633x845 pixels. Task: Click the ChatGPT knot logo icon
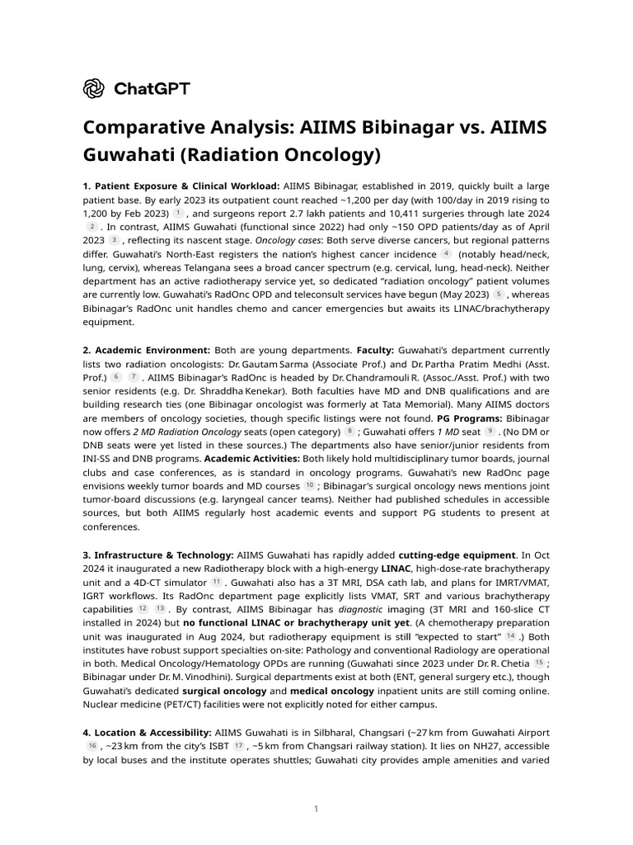tap(94, 88)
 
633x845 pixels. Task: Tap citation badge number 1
tap(177, 213)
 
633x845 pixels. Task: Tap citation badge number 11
tap(217, 581)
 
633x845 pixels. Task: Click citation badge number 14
tap(510, 635)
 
